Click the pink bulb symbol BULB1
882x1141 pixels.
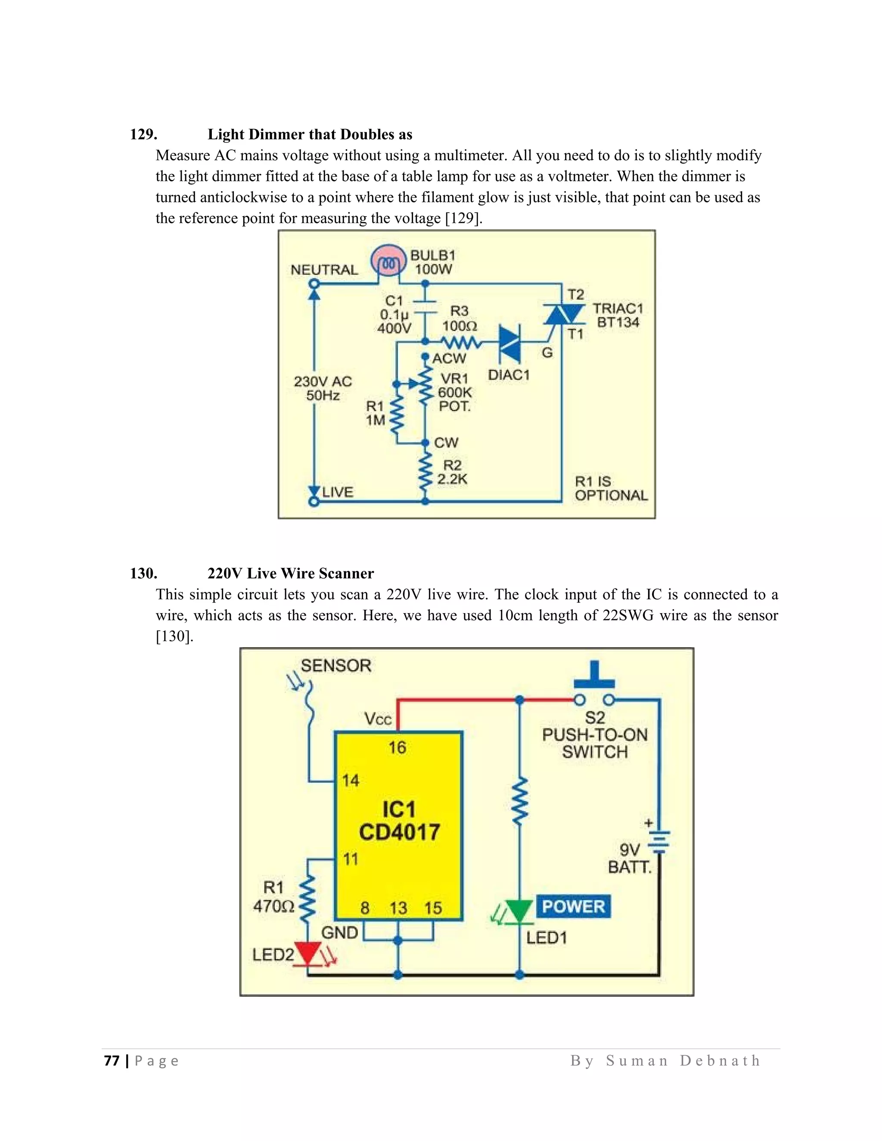[388, 261]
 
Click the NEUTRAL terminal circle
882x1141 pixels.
[314, 284]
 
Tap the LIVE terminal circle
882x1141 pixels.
[314, 502]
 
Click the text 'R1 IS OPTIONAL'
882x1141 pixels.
[611, 489]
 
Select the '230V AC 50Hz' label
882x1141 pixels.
[323, 388]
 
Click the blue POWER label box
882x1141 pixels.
[573, 906]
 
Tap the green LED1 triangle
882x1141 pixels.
[519, 911]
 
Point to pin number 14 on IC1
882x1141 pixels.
[351, 781]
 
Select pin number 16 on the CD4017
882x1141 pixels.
[397, 747]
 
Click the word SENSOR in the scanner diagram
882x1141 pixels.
[336, 666]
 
